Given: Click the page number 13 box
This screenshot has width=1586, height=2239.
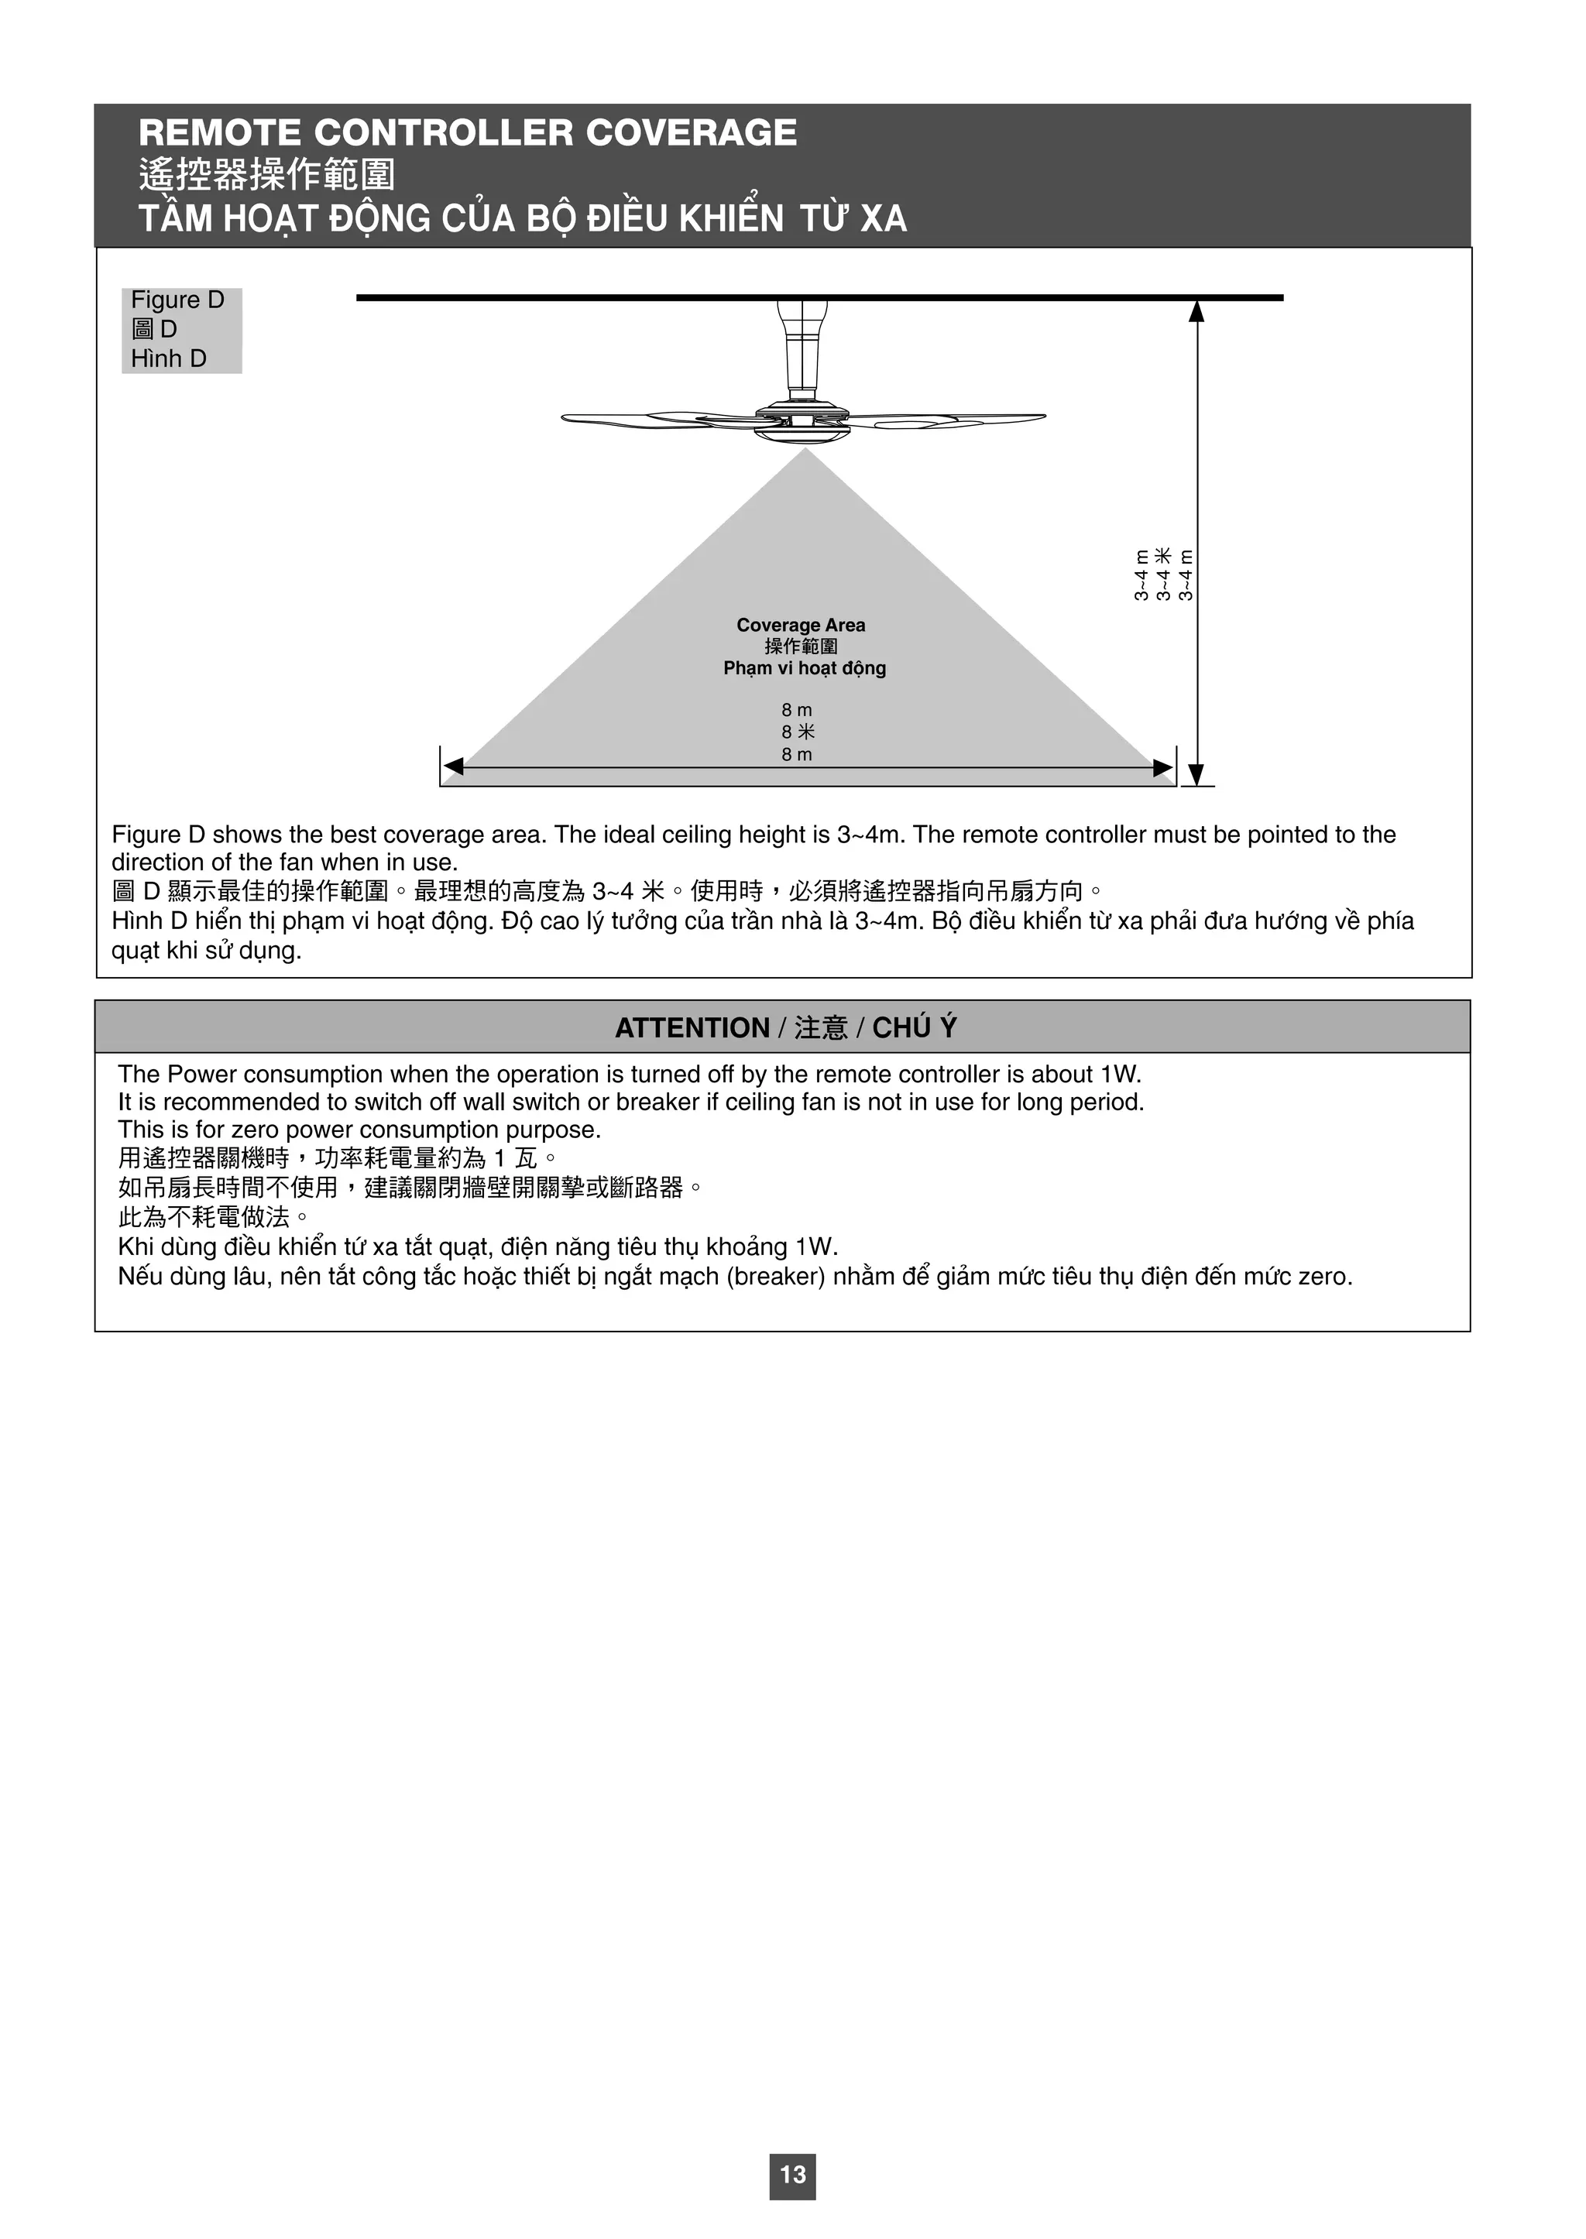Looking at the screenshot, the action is pos(792,2175).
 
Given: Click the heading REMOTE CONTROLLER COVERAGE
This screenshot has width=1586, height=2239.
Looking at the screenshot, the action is pos(468,133).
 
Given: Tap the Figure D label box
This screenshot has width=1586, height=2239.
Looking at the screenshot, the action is pos(180,330).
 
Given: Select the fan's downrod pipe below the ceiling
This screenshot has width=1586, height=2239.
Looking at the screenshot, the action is pos(803,351).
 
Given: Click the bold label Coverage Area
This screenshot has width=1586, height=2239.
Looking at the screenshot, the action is pos(801,625).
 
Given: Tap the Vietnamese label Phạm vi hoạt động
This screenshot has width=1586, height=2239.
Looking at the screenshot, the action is pos(805,669).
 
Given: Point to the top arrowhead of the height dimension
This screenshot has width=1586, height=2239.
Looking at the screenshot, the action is pos(1196,311).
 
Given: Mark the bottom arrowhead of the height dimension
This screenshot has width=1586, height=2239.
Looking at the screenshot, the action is pos(1198,773).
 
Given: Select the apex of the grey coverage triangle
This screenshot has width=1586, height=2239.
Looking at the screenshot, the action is pos(805,452).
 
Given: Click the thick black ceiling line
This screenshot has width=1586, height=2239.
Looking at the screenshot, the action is pos(819,297).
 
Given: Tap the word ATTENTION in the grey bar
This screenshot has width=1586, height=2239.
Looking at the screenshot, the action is pos(692,1028).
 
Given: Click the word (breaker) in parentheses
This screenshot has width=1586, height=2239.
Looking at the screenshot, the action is pos(777,1277).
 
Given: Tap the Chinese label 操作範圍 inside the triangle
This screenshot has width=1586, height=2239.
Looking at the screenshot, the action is pos(801,646).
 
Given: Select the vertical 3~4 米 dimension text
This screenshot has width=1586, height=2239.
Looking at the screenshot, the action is pos(1163,574).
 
